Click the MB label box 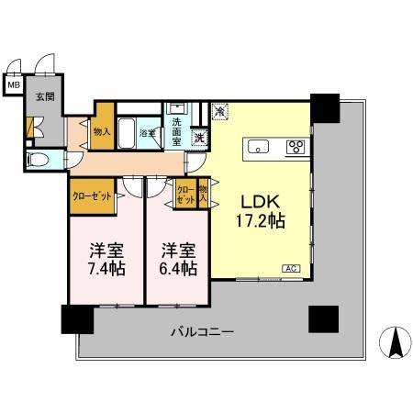click(13, 86)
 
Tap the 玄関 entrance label click(44, 95)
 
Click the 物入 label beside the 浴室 click(101, 131)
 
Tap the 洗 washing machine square click(198, 139)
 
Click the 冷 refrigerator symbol click(220, 111)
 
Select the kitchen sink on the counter click(257, 146)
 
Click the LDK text click(260, 200)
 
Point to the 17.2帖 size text click(262, 221)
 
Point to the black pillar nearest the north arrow click(323, 318)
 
